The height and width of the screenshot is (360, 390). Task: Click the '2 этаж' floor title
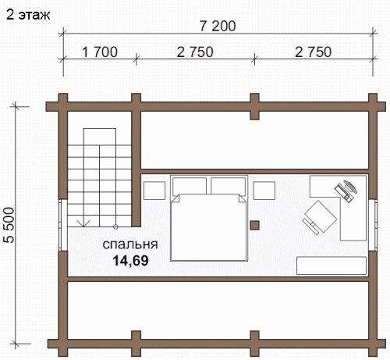(x=28, y=15)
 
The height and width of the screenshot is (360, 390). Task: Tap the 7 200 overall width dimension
(x=218, y=26)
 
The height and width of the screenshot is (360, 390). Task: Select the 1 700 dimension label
(x=100, y=52)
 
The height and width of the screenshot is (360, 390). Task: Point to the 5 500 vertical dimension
(x=9, y=225)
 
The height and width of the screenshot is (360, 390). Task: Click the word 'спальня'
(x=130, y=244)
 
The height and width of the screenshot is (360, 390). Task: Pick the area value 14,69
(x=130, y=261)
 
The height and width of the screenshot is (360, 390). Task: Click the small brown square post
(x=255, y=225)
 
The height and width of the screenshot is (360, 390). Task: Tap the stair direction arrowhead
(x=83, y=223)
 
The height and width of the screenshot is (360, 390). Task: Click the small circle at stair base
(x=115, y=226)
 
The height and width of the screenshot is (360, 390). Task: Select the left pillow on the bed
(x=190, y=186)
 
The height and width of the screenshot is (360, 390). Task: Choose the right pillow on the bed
(x=229, y=186)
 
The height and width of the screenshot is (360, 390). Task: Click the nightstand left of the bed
(x=154, y=191)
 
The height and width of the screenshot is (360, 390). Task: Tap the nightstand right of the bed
(x=264, y=191)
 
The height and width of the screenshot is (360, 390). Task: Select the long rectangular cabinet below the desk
(x=331, y=266)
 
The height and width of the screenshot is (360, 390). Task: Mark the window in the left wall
(x=63, y=225)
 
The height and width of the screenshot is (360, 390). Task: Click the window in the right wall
(x=373, y=225)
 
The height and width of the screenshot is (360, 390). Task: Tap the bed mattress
(x=209, y=227)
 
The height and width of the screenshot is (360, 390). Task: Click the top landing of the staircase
(x=100, y=137)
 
